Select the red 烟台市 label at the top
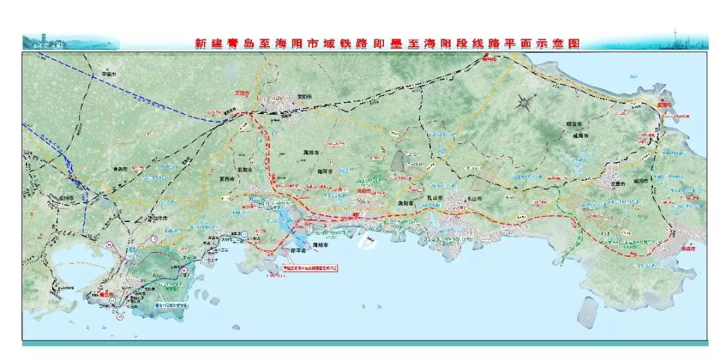point(489,59)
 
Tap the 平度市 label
point(108,74)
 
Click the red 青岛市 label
point(107,293)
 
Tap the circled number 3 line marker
point(153,238)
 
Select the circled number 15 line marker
point(120,317)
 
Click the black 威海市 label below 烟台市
point(577,135)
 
